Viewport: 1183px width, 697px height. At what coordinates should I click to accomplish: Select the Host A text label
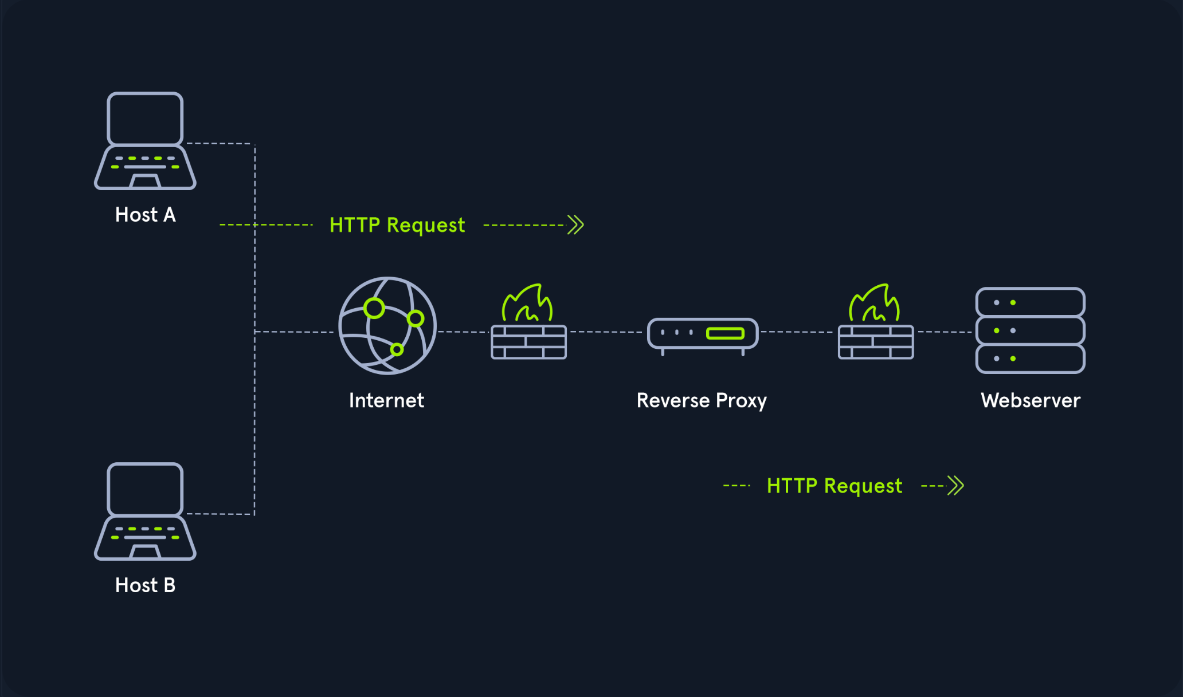point(146,215)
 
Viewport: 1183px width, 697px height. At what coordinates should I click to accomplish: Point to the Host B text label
point(146,585)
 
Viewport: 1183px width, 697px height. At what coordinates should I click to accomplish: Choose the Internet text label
point(387,400)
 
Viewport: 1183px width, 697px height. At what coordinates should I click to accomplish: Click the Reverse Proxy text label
point(702,401)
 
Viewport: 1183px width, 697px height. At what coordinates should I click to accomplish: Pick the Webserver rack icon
point(1031,330)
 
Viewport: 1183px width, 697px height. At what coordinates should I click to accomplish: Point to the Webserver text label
point(1031,400)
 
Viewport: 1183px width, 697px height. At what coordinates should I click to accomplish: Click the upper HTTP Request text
point(397,225)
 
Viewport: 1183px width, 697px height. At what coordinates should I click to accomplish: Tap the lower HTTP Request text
point(835,486)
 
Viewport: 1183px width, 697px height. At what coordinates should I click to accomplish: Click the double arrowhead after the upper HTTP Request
point(575,225)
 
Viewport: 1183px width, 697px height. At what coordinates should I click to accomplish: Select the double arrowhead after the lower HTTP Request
point(955,486)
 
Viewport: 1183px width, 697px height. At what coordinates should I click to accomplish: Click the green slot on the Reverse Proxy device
point(725,333)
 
